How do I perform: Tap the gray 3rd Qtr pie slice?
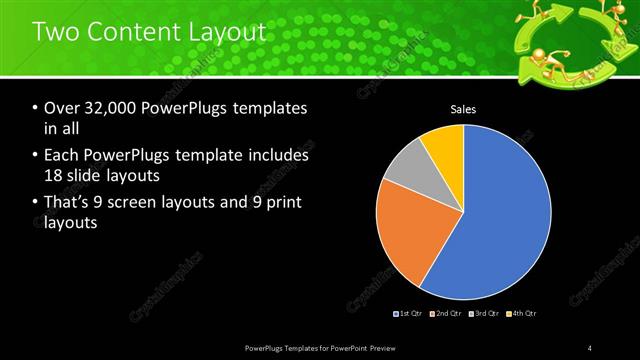click(404, 170)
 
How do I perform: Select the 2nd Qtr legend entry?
click(446, 315)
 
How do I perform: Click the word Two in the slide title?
click(56, 32)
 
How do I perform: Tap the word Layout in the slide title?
click(228, 32)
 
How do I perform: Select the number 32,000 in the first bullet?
click(102, 109)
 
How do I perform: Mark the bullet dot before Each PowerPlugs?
click(36, 156)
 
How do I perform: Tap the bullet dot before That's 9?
click(36, 204)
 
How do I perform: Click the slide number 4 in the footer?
click(589, 347)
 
